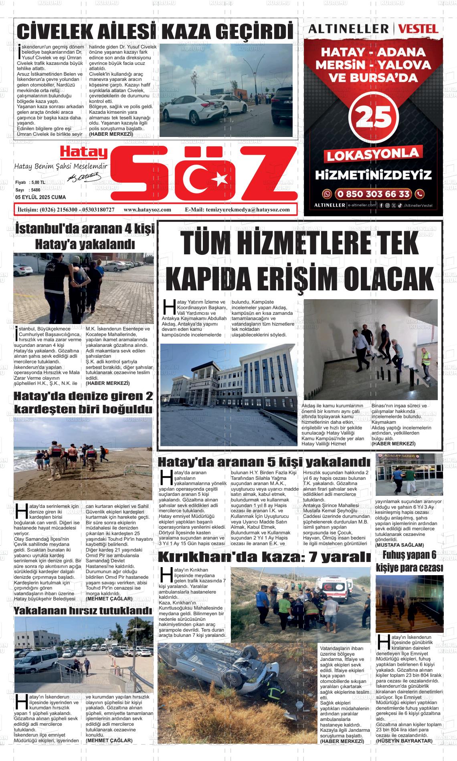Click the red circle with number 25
click(374, 117)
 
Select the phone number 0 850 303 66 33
click(373, 194)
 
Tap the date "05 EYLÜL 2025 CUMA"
click(40, 197)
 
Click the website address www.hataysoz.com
click(148, 209)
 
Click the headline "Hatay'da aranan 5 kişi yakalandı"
click(264, 461)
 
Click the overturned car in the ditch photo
click(224, 677)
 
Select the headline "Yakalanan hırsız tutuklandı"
click(83, 611)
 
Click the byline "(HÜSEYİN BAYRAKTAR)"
click(404, 741)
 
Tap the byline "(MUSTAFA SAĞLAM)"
click(399, 545)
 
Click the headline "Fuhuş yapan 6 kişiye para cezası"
click(409, 561)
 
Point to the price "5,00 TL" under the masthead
click(37, 182)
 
